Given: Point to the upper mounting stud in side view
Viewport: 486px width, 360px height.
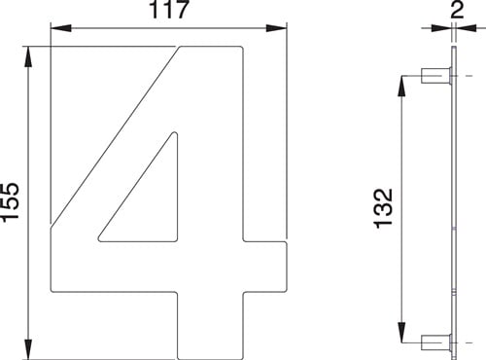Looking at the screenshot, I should click(434, 76).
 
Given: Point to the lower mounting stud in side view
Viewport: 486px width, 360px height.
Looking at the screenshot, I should click(434, 342).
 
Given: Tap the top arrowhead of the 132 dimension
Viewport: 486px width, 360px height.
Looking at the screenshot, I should click(402, 81).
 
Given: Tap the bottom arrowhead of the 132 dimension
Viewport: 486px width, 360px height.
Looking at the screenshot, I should click(402, 337).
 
